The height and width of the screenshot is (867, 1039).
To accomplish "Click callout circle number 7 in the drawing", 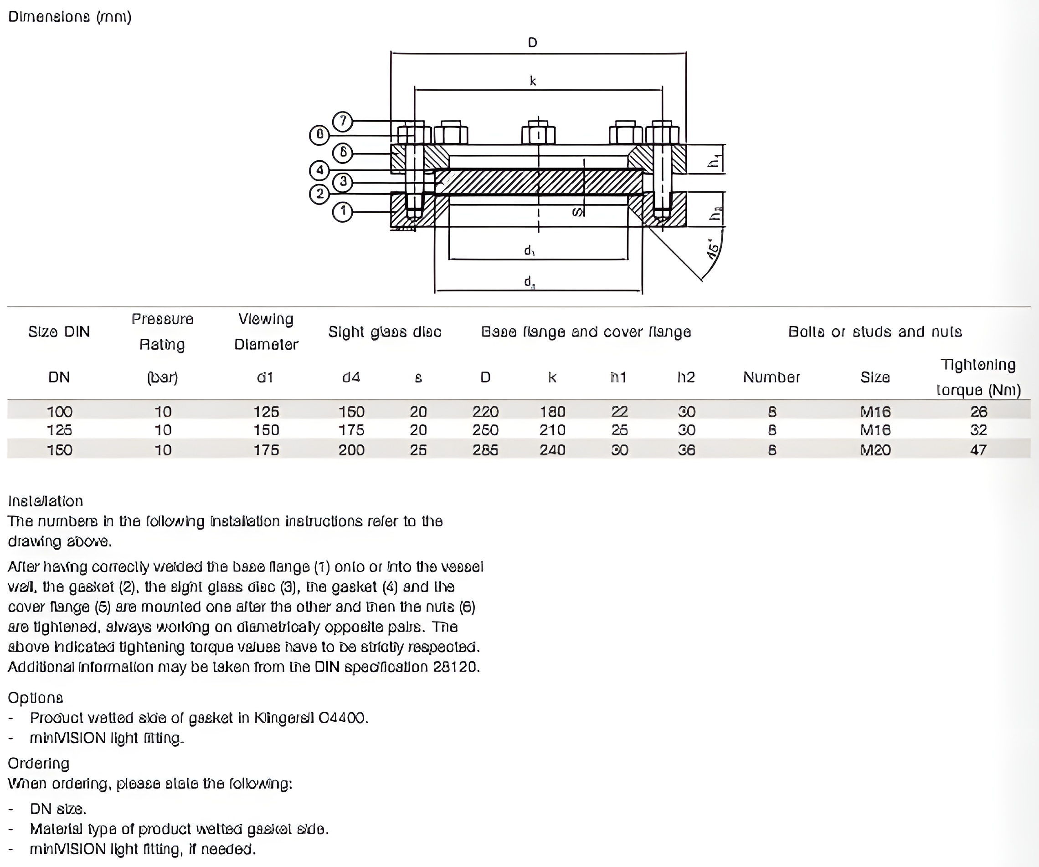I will coord(342,121).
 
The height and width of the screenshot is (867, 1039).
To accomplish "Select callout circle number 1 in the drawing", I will coord(342,212).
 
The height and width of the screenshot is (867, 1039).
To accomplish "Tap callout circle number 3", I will coord(342,181).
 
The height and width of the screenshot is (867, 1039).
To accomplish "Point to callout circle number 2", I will coord(319,193).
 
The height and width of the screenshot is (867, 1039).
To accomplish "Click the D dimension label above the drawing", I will coord(532,42).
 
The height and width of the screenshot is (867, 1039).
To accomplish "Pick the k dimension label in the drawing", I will coord(533,81).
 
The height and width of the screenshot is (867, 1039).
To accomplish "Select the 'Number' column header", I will coord(772,377).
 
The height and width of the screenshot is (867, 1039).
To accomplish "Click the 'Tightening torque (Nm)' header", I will coord(978,377).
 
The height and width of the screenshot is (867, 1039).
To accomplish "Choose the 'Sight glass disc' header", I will coord(385,331).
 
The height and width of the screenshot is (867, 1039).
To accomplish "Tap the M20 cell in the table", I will coord(875,450).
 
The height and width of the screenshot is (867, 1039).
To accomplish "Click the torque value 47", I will coord(978,450).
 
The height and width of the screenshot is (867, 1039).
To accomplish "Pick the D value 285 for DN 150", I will coord(485,450).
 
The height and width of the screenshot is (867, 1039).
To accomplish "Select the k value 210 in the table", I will coord(552,430).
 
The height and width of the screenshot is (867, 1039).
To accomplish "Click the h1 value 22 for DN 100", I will coord(619,412).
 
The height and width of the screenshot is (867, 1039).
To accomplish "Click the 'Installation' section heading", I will coord(46,501).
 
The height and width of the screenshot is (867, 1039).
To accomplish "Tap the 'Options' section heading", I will coord(36,698).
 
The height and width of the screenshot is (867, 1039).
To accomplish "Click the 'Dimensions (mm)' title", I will coord(70,17).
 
